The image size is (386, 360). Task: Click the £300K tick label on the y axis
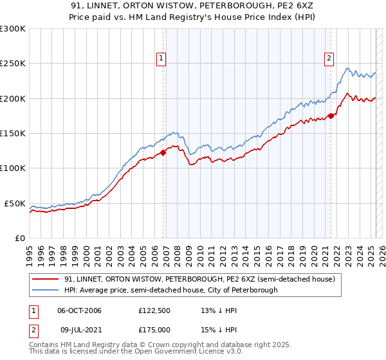12,29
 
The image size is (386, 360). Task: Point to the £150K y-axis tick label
12,134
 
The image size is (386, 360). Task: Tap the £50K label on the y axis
14,203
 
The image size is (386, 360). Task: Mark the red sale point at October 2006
163,152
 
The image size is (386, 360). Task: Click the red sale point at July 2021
331,116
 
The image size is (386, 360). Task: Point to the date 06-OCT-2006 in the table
79,310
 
